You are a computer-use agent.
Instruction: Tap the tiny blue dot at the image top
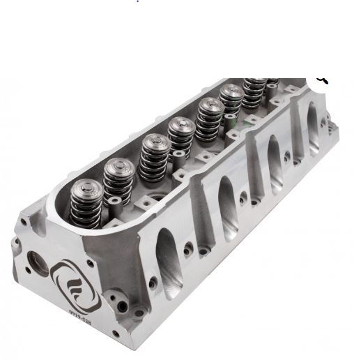pos(139,2)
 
